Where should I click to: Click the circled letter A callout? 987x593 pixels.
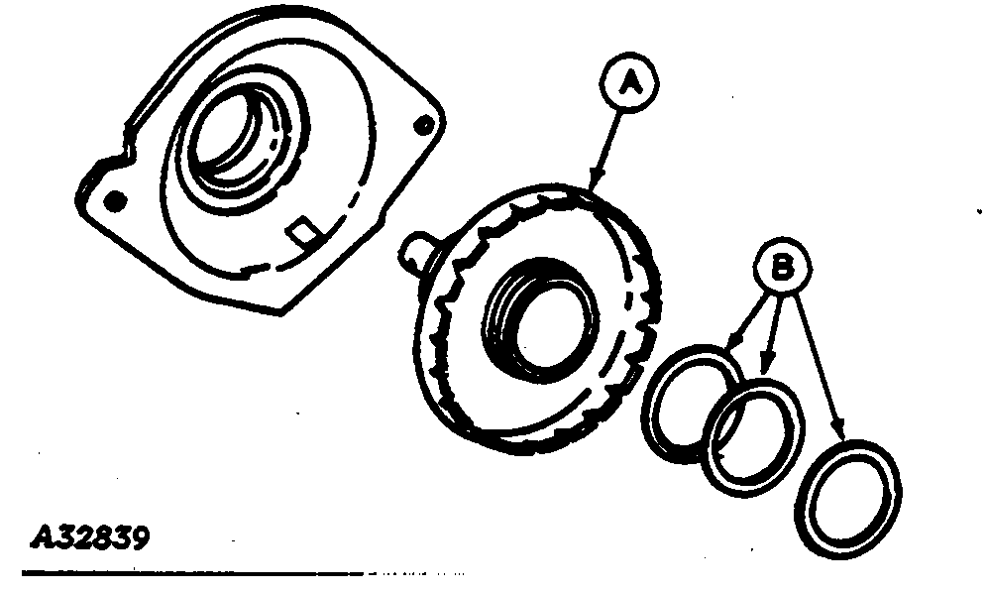point(628,82)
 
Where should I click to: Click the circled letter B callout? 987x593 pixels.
point(783,267)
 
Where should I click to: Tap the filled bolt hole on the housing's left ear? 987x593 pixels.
point(114,201)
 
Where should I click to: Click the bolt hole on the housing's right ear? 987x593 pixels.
point(424,125)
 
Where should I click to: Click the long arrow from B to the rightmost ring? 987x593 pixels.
point(818,367)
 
